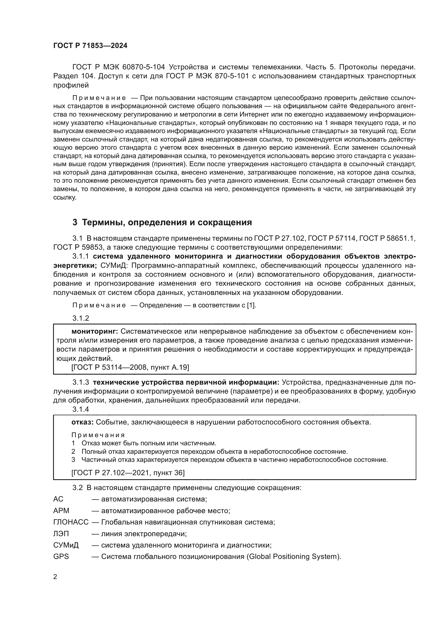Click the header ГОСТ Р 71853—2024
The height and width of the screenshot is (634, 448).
(x=90, y=46)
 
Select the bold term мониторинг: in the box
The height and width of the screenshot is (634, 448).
(x=95, y=331)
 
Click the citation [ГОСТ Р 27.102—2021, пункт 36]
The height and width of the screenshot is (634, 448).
(x=128, y=473)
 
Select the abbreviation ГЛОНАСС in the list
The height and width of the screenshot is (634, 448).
(x=71, y=522)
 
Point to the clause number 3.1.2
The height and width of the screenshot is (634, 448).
(x=80, y=318)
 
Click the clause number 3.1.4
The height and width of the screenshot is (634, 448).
(x=80, y=409)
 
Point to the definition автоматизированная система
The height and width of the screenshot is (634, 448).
(x=154, y=499)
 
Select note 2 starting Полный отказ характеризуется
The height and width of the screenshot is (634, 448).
(x=214, y=452)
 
